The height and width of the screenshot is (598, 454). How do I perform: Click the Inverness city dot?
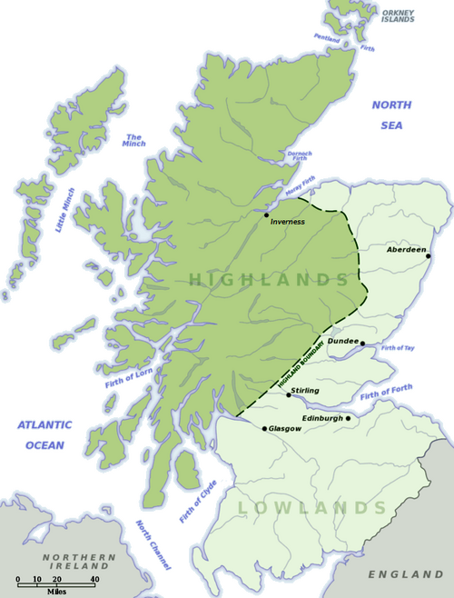[266, 215]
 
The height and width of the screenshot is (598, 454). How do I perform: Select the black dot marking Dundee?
[361, 344]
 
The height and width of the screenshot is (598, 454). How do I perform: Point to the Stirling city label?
[306, 389]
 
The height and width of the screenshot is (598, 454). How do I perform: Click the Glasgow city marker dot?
[264, 428]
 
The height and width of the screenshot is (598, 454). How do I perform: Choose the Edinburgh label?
[322, 418]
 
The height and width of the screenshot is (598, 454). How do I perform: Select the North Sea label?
[391, 113]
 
